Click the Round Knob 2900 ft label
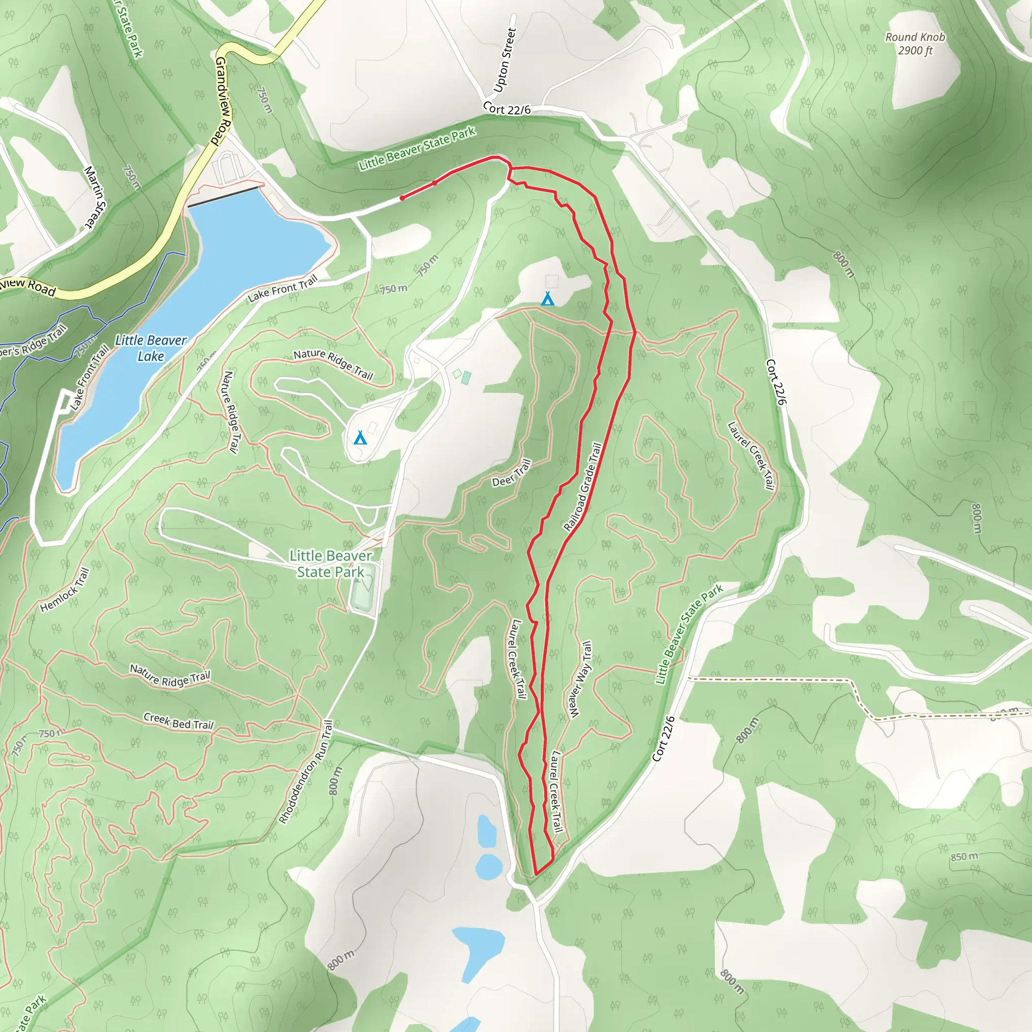(915, 44)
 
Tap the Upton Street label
(505, 60)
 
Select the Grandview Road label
(223, 101)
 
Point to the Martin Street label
(96, 197)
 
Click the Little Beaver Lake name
(151, 348)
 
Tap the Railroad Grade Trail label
(583, 487)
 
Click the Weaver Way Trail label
(579, 679)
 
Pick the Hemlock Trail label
(64, 590)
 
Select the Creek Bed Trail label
(178, 721)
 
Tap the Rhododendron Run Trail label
(306, 772)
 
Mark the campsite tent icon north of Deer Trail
(548, 299)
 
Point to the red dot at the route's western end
(402, 198)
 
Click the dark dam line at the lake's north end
(225, 196)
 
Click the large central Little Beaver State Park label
(331, 564)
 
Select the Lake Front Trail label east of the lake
(283, 288)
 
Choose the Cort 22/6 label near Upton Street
(506, 108)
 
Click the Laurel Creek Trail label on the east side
(750, 456)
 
